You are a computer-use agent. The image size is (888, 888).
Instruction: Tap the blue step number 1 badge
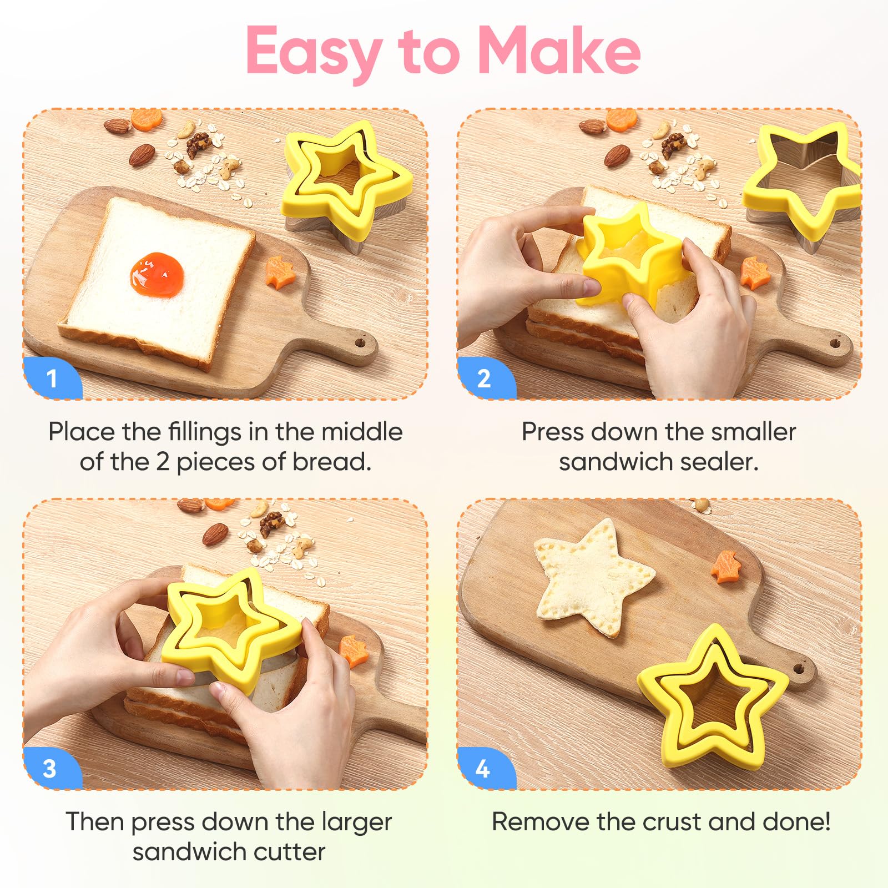52,379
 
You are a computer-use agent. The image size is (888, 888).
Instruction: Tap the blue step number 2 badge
485,379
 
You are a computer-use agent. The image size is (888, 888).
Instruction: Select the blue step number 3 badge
50,769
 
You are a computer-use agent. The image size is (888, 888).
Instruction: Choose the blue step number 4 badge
483,769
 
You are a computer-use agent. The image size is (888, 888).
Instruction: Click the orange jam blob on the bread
157,274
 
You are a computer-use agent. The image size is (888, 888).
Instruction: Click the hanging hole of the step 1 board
360,342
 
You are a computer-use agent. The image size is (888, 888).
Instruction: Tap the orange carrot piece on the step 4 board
726,567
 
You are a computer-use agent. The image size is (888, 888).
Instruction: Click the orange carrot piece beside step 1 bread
279,272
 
